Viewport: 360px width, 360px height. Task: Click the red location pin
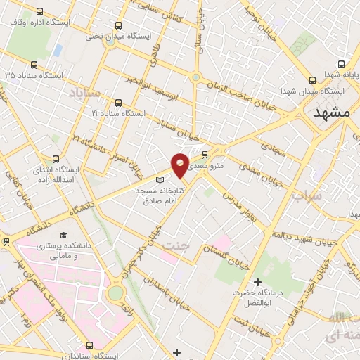180,165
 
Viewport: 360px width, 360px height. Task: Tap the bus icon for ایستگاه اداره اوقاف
38,12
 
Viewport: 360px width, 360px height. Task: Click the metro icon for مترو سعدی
205,155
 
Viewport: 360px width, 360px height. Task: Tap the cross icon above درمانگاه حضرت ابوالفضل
257,283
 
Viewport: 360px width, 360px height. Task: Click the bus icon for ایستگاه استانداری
89,345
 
